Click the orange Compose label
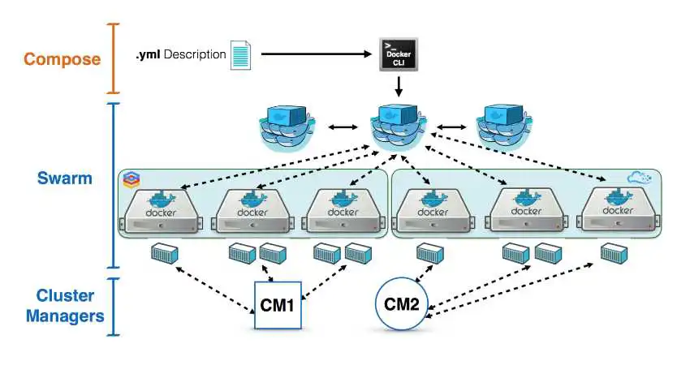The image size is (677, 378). (x=63, y=59)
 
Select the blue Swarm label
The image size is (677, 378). (x=65, y=178)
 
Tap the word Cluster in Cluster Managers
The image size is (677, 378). (x=65, y=295)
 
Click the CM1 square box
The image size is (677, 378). (x=278, y=305)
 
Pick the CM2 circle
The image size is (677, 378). (x=402, y=304)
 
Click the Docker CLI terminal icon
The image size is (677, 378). (x=399, y=54)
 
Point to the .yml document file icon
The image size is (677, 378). (x=240, y=55)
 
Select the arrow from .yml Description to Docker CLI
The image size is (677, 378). (x=317, y=54)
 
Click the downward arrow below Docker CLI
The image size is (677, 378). (x=399, y=87)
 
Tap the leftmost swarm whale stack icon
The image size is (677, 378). (x=287, y=127)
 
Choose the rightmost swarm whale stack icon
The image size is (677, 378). (x=504, y=127)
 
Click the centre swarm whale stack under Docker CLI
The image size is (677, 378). (x=398, y=127)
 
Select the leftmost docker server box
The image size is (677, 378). (x=161, y=211)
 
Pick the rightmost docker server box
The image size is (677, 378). (x=619, y=208)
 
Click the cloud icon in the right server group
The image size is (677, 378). (x=639, y=178)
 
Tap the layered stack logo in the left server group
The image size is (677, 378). (x=132, y=180)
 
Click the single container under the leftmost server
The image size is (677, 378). (x=165, y=253)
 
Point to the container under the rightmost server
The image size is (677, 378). (x=614, y=253)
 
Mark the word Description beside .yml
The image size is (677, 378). (x=195, y=55)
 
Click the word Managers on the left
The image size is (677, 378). (x=65, y=316)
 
